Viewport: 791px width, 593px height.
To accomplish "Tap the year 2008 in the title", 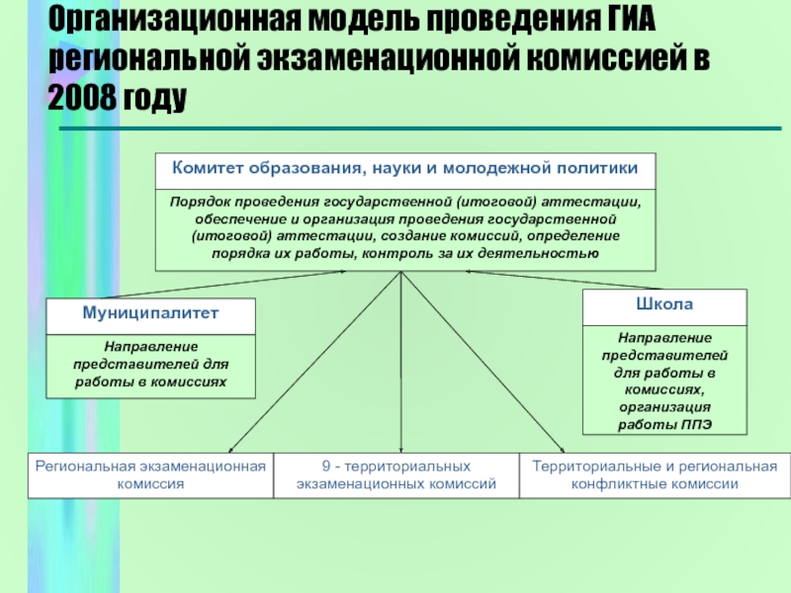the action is (x=80, y=100).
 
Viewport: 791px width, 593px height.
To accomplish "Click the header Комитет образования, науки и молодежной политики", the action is (x=404, y=168).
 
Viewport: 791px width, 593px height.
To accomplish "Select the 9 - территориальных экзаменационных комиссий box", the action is (x=395, y=475).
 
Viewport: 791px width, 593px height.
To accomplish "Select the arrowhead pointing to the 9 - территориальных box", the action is (x=400, y=449).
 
